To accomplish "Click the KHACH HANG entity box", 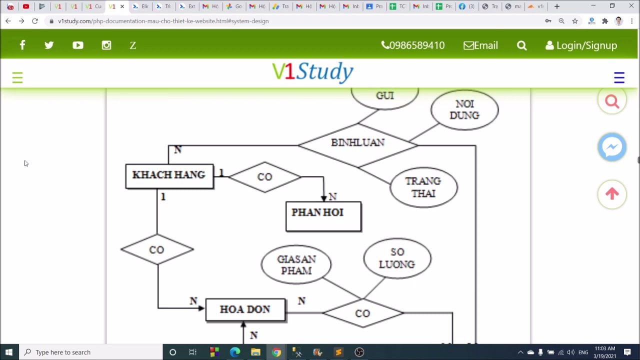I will pyautogui.click(x=169, y=176).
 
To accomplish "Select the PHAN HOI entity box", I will pyautogui.click(x=323, y=216).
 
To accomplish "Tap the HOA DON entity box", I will pyautogui.click(x=245, y=309).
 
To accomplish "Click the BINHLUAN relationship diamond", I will pyautogui.click(x=357, y=143).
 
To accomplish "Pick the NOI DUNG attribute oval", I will pyautogui.click(x=464, y=110).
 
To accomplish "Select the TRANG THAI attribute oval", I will pyautogui.click(x=423, y=187).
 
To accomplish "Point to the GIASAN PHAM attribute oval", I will pyautogui.click(x=296, y=264).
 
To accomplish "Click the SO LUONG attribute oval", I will pyautogui.click(x=397, y=258).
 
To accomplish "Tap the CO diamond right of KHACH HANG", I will pyautogui.click(x=264, y=177).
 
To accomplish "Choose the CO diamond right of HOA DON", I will pyautogui.click(x=362, y=313).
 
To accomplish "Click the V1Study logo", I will pyautogui.click(x=312, y=72).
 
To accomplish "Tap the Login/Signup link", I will pyautogui.click(x=581, y=45).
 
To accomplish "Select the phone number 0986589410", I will pyautogui.click(x=413, y=45).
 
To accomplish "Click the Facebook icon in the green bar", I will pyautogui.click(x=22, y=45).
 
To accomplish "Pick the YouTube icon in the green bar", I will pyautogui.click(x=77, y=45).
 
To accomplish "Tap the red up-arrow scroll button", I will pyautogui.click(x=612, y=194).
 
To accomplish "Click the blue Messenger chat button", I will pyautogui.click(x=612, y=147).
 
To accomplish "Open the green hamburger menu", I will pyautogui.click(x=17, y=77).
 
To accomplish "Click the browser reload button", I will pyautogui.click(x=34, y=21).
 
